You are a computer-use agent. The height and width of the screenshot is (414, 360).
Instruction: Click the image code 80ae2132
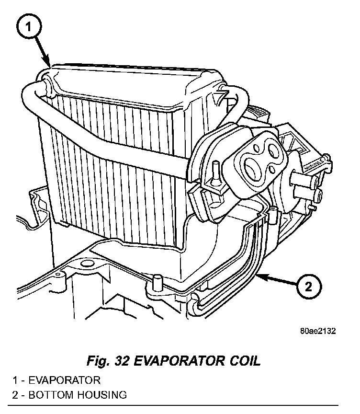coord(318,331)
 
